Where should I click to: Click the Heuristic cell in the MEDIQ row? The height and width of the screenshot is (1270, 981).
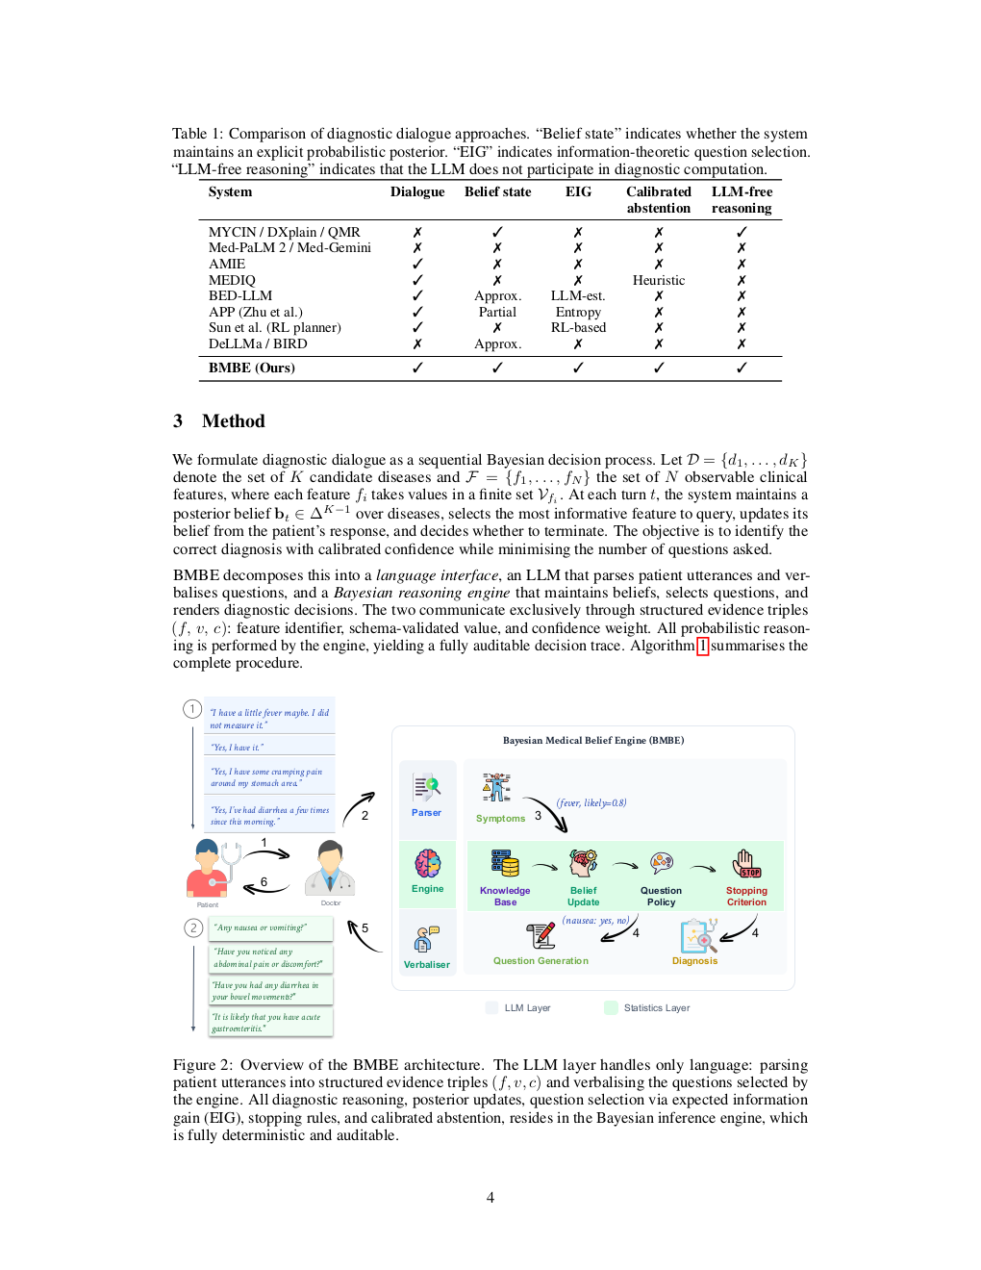[x=658, y=280]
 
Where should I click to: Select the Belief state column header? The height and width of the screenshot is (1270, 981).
[x=497, y=191]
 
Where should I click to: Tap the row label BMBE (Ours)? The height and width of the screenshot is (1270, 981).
[x=251, y=368]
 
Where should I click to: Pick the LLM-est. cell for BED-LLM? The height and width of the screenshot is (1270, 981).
[x=577, y=295]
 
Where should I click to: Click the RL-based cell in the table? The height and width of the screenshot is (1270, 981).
[x=578, y=327]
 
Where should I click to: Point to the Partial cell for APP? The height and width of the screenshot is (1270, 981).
[x=497, y=312]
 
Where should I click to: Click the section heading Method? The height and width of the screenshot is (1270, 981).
[x=233, y=420]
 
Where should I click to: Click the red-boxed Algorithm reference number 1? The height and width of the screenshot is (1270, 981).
[x=702, y=646]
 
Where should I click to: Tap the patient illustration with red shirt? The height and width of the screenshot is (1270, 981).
[x=209, y=868]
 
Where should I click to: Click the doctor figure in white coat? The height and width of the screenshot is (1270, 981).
[x=330, y=868]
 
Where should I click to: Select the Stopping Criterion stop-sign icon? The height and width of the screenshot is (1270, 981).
[x=746, y=863]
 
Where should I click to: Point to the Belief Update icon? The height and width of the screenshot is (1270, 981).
[x=583, y=862]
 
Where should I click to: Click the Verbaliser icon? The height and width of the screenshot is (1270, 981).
[x=426, y=939]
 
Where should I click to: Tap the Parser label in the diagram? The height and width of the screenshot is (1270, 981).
[x=426, y=813]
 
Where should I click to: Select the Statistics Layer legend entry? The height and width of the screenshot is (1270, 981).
[x=656, y=1007]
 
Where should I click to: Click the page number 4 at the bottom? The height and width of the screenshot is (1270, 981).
[x=490, y=1198]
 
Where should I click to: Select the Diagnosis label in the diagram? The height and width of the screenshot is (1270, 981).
[x=694, y=960]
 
